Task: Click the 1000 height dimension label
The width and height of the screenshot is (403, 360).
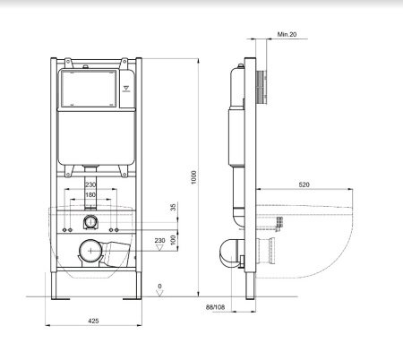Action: click(x=194, y=177)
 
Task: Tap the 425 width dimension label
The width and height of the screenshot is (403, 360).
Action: click(x=93, y=321)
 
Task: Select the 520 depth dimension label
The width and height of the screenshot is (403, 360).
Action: click(x=304, y=184)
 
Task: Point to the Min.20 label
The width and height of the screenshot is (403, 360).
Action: click(x=287, y=34)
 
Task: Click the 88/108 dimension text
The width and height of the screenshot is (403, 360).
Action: click(x=215, y=307)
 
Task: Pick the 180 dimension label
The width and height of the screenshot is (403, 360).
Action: click(x=90, y=195)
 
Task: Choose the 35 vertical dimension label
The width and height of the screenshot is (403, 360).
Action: click(x=174, y=207)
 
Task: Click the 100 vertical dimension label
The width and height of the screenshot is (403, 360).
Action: click(x=174, y=240)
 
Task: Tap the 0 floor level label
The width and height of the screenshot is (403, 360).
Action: click(x=160, y=286)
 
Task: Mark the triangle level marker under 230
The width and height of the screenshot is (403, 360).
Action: click(x=160, y=247)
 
